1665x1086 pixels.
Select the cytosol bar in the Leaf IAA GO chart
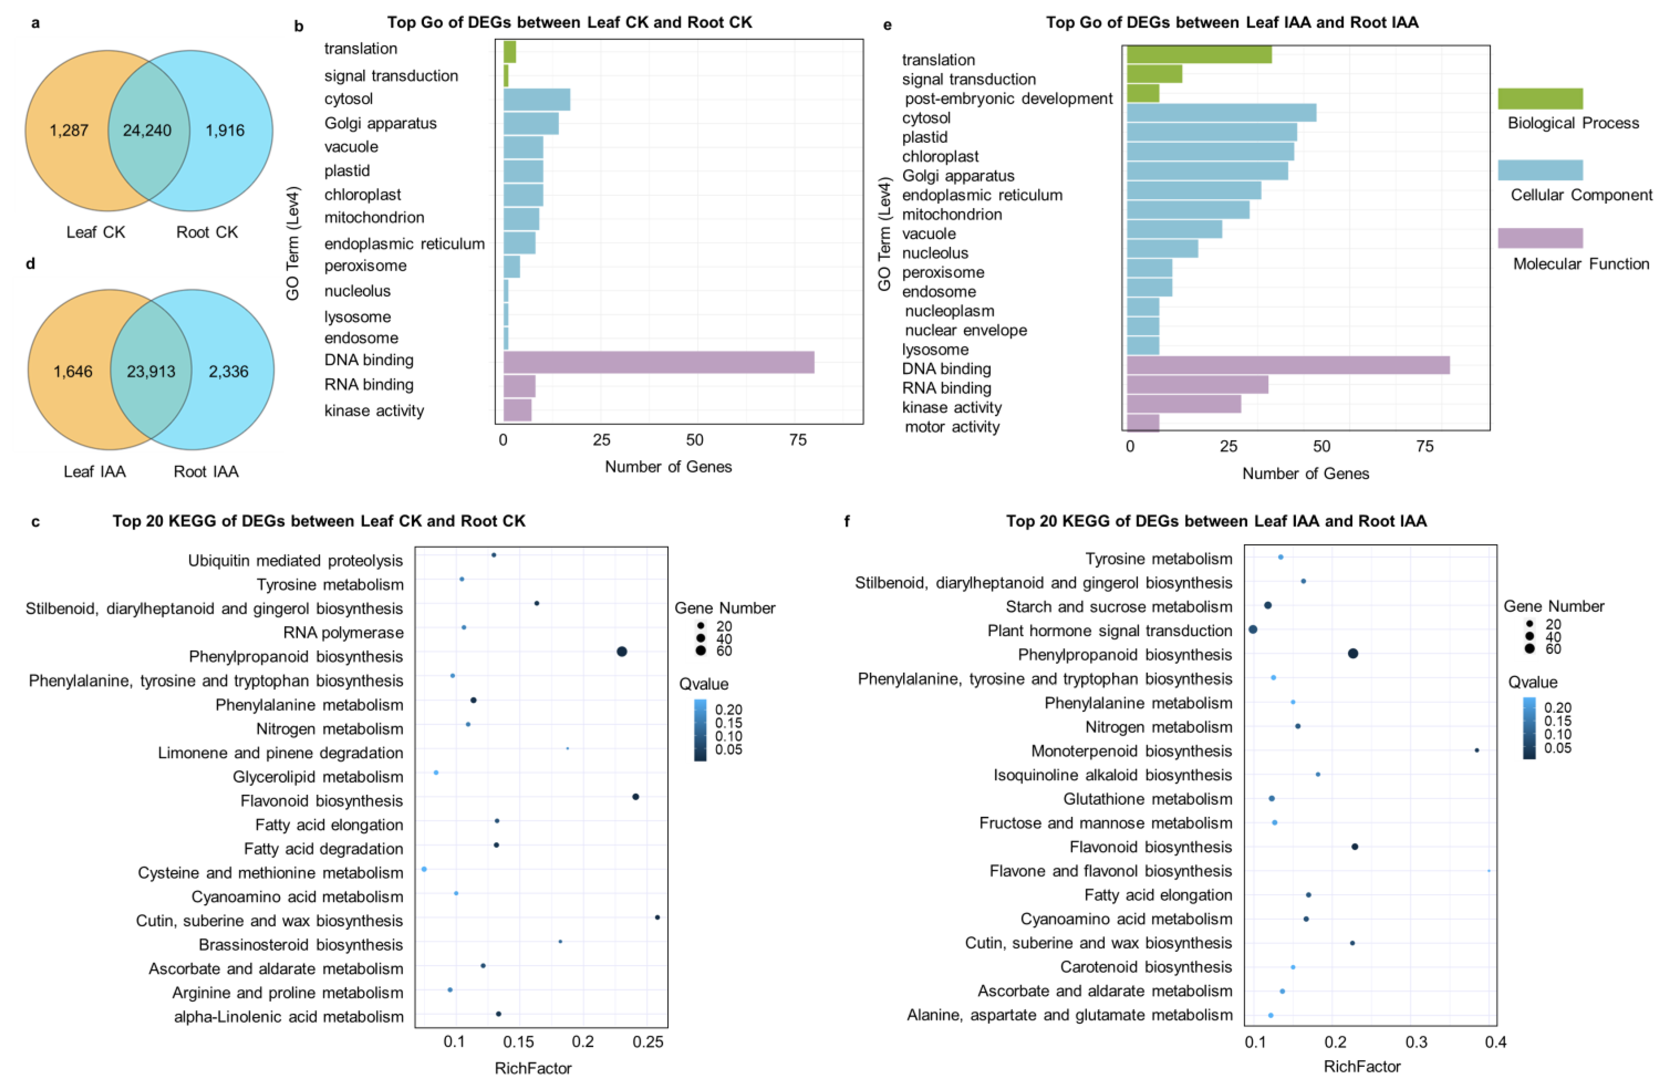pos(1221,113)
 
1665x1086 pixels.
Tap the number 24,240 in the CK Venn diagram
pos(147,130)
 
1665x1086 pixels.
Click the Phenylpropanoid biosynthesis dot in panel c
pos(621,651)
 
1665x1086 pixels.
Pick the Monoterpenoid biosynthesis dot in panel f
pos(1477,750)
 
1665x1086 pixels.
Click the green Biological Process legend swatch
pos(1540,99)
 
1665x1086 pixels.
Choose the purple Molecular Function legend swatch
pos(1540,238)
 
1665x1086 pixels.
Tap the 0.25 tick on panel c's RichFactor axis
pos(648,1042)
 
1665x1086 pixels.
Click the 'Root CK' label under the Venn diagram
pos(207,232)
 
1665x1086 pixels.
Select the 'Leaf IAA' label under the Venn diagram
pos(94,471)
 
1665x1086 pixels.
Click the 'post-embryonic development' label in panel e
pos(1008,99)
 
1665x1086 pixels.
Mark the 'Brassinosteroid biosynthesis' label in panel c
pos(301,945)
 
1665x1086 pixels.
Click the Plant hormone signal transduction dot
pos(1253,630)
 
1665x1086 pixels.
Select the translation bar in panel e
pos(1198,55)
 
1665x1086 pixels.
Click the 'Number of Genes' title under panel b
pos(668,467)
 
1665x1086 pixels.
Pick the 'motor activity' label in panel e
pos(952,427)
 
